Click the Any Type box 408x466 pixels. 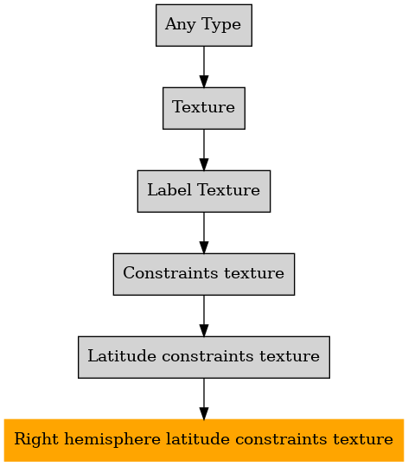pos(204,25)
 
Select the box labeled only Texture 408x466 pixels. pos(204,108)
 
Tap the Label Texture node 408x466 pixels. pos(204,191)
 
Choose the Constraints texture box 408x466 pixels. pos(204,274)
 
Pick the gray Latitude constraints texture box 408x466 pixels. pos(204,357)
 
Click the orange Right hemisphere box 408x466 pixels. pos(204,440)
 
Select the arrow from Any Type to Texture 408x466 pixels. pos(204,67)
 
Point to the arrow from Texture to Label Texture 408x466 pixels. pos(204,150)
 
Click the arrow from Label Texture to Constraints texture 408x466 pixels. pos(204,233)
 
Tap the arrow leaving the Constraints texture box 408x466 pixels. pos(204,316)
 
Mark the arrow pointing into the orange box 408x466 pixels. pos(204,399)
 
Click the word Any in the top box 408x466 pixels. pos(181,25)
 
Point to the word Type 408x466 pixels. pos(221,25)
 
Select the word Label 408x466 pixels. pos(169,190)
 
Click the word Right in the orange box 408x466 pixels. pos(36,440)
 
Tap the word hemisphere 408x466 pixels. pos(112,440)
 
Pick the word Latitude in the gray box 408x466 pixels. pos(122,356)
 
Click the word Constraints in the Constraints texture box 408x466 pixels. pos(170,273)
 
